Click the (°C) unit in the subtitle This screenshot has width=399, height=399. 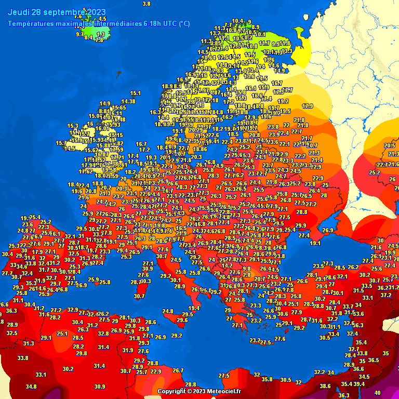pos(184,23)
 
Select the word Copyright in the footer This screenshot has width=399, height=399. pos(171,391)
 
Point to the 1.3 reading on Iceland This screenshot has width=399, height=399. pos(101,34)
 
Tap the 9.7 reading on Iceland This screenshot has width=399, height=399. pos(79,34)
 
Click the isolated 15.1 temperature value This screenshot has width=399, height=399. pos(136,94)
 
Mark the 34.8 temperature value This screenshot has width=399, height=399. pos(31,387)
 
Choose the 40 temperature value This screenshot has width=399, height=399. pos(377,393)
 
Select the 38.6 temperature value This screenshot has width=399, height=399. pos(325,386)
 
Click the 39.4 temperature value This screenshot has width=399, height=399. pos(359,384)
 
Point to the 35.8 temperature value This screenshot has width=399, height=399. pos(267,379)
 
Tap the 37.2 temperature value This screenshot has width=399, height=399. pos(385,295)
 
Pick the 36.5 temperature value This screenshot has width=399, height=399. pos(374,360)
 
